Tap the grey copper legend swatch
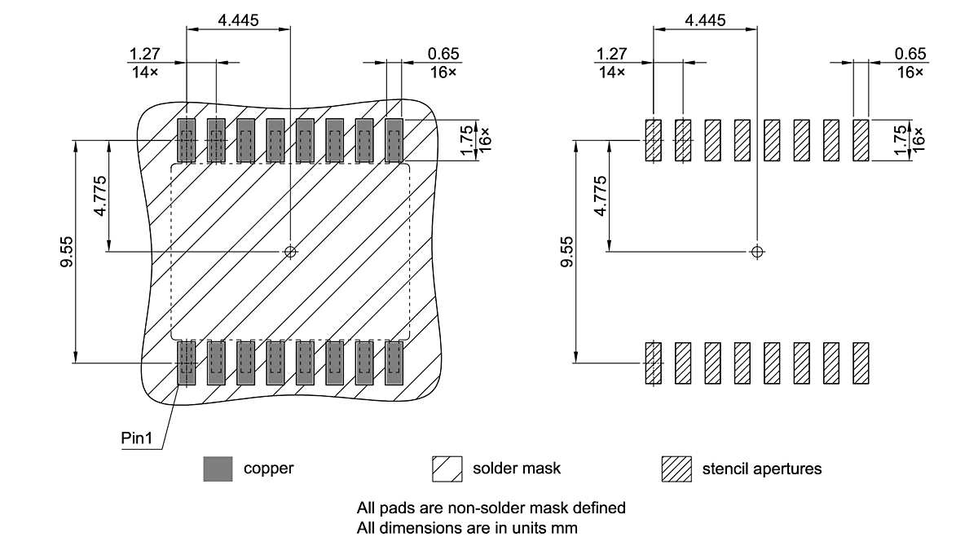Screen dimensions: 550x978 [x=218, y=469]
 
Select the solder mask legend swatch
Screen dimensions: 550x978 [x=447, y=469]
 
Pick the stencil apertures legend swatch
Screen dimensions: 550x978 [x=676, y=469]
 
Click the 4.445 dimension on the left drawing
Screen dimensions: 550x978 [x=238, y=20]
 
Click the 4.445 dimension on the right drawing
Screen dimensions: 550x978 [x=705, y=20]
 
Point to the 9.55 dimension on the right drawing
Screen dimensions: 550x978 [x=567, y=252]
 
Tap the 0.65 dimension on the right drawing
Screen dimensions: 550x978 [x=910, y=54]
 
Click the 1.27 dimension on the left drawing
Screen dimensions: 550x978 [x=144, y=54]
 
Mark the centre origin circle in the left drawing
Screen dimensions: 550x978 [x=290, y=252]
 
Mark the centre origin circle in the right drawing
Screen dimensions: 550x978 [x=758, y=252]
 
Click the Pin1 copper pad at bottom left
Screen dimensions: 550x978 [x=187, y=363]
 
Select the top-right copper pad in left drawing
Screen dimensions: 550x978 [x=394, y=139]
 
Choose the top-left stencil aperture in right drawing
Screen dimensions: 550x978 [x=654, y=140]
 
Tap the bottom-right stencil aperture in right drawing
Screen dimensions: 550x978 [x=861, y=363]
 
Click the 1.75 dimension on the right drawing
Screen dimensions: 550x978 [x=899, y=140]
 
